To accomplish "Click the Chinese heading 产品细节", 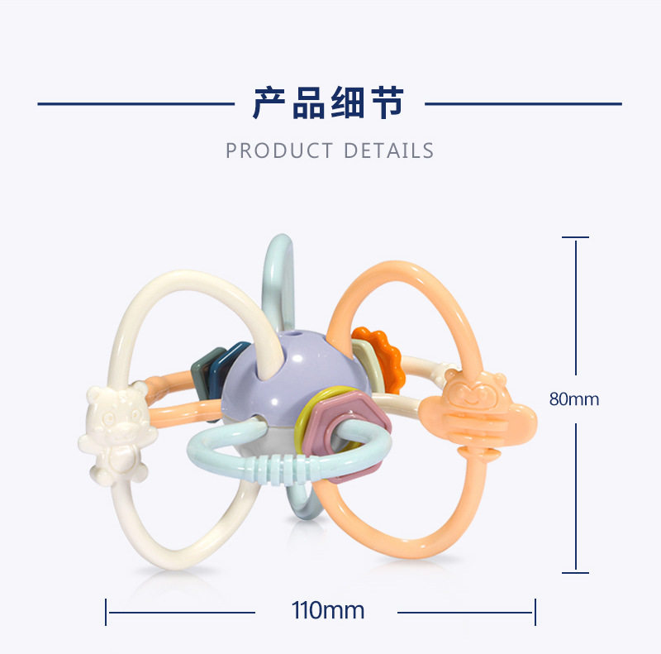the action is click(x=329, y=103).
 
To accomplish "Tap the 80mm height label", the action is click(x=574, y=399).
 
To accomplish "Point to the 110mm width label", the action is click(x=328, y=611).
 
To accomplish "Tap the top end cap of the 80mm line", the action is click(x=576, y=237).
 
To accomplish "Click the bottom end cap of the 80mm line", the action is click(x=576, y=571).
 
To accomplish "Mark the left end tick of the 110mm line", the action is click(x=107, y=612).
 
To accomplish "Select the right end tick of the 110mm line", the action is click(x=535, y=612).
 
